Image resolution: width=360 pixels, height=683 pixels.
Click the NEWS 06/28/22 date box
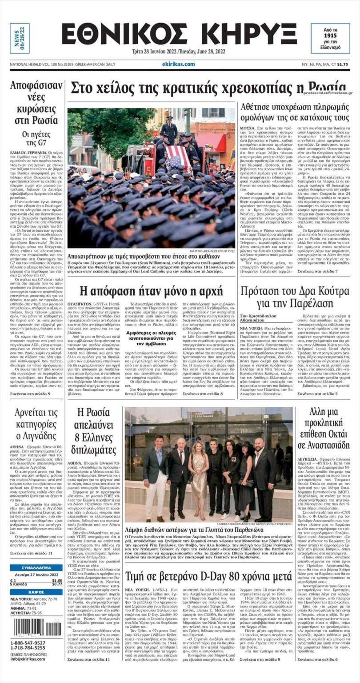point(20,38)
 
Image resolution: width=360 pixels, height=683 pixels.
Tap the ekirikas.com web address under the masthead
point(178,64)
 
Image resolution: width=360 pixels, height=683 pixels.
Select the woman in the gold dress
point(199,471)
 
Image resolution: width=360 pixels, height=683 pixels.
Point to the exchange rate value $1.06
point(57,580)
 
